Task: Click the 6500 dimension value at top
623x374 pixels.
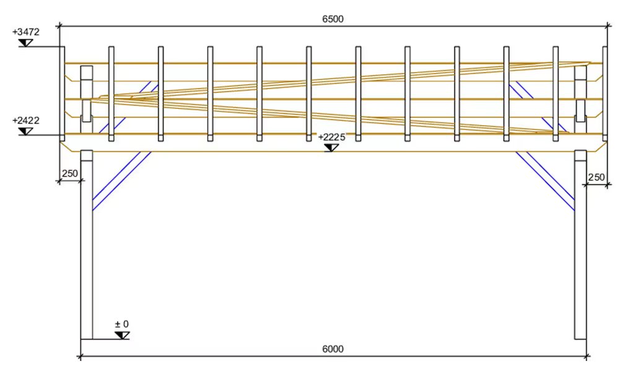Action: pos(333,19)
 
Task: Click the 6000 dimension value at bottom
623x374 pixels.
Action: pos(333,349)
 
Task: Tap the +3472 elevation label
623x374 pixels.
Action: pos(26,32)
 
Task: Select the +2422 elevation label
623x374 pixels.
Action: pos(26,120)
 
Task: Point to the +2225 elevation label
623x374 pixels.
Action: pos(332,137)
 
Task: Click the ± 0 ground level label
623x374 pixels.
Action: pos(122,324)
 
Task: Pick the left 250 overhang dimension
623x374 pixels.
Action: pos(70,173)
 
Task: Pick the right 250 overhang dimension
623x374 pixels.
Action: pos(596,177)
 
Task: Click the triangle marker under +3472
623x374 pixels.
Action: pos(26,43)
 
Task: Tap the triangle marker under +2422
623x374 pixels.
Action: pos(26,131)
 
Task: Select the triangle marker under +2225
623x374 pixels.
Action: pos(331,148)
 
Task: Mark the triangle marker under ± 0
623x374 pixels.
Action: pos(122,336)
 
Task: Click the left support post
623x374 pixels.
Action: pos(87,245)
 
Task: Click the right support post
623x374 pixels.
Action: pos(580,245)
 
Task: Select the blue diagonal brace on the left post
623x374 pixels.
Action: pos(121,181)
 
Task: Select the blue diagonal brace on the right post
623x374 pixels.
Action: pos(545,181)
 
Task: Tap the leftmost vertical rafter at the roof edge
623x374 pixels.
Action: pos(63,94)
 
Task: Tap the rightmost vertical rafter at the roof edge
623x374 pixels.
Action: pos(605,94)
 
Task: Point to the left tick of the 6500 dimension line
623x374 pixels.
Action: pos(59,26)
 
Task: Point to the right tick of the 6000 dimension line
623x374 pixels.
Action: pos(586,357)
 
